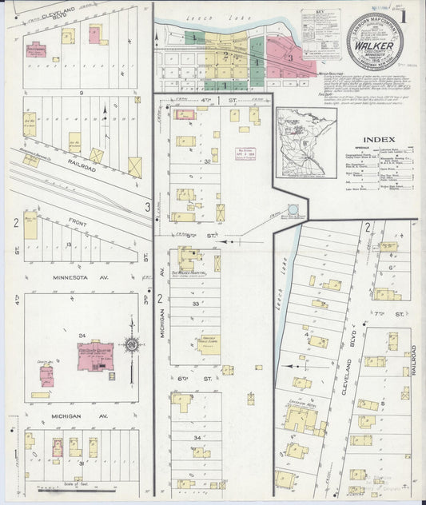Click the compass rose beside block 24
pos(133,345)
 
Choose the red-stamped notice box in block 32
pos(245,153)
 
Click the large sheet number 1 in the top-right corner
pos(403,17)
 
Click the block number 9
pos(81,93)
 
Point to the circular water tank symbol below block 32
pos(293,209)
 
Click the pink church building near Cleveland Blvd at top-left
pos(94,34)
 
